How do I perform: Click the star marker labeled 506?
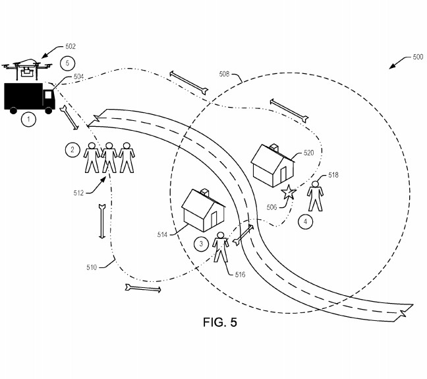pyautogui.click(x=288, y=193)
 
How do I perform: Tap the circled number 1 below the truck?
pyautogui.click(x=28, y=119)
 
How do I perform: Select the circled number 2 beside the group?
pyautogui.click(x=72, y=150)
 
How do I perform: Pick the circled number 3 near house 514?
pyautogui.click(x=202, y=244)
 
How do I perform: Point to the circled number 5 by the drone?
pyautogui.click(x=65, y=63)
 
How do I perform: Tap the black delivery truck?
pyautogui.click(x=29, y=96)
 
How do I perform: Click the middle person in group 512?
pyautogui.click(x=109, y=158)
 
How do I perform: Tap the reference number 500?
pyautogui.click(x=417, y=57)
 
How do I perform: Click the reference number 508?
pyautogui.click(x=224, y=75)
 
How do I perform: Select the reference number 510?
pyautogui.click(x=91, y=267)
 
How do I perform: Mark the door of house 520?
pyautogui.click(x=283, y=175)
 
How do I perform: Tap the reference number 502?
pyautogui.click(x=71, y=46)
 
